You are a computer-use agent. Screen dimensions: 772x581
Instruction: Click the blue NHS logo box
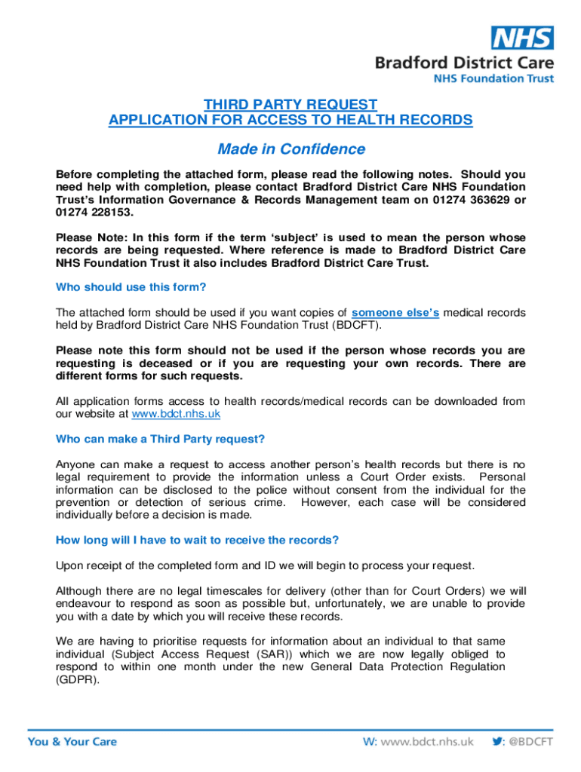[x=522, y=38]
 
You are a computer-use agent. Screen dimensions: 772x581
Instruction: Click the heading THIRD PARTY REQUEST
[x=290, y=104]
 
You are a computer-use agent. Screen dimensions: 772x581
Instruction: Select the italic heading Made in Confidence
[x=290, y=149]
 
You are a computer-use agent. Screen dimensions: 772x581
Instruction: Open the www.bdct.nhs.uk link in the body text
[x=176, y=414]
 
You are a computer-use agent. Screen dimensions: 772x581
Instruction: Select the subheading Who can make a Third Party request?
[x=161, y=439]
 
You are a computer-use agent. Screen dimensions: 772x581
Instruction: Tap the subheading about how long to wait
[x=198, y=540]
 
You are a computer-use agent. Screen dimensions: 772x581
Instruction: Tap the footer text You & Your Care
[x=72, y=742]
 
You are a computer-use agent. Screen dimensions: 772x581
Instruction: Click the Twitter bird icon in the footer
[x=497, y=741]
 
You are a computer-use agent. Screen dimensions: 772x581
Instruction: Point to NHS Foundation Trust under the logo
[x=493, y=78]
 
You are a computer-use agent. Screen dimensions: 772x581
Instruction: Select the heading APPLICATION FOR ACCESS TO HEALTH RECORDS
[x=290, y=120]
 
